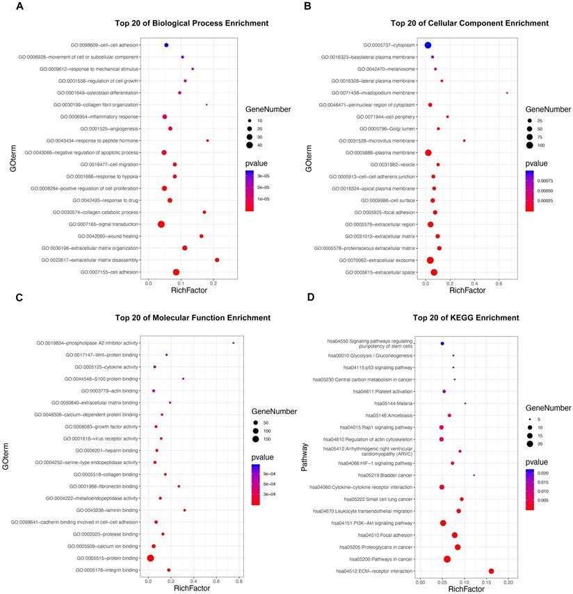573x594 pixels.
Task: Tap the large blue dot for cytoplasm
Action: pos(428,45)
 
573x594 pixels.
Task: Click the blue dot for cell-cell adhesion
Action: pos(166,45)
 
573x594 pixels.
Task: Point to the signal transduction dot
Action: pos(161,224)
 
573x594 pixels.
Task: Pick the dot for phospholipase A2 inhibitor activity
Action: pos(233,343)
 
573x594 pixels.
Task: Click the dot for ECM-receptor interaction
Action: pos(491,571)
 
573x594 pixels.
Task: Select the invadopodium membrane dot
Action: pos(507,93)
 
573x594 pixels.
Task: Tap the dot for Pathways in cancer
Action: pos(447,559)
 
